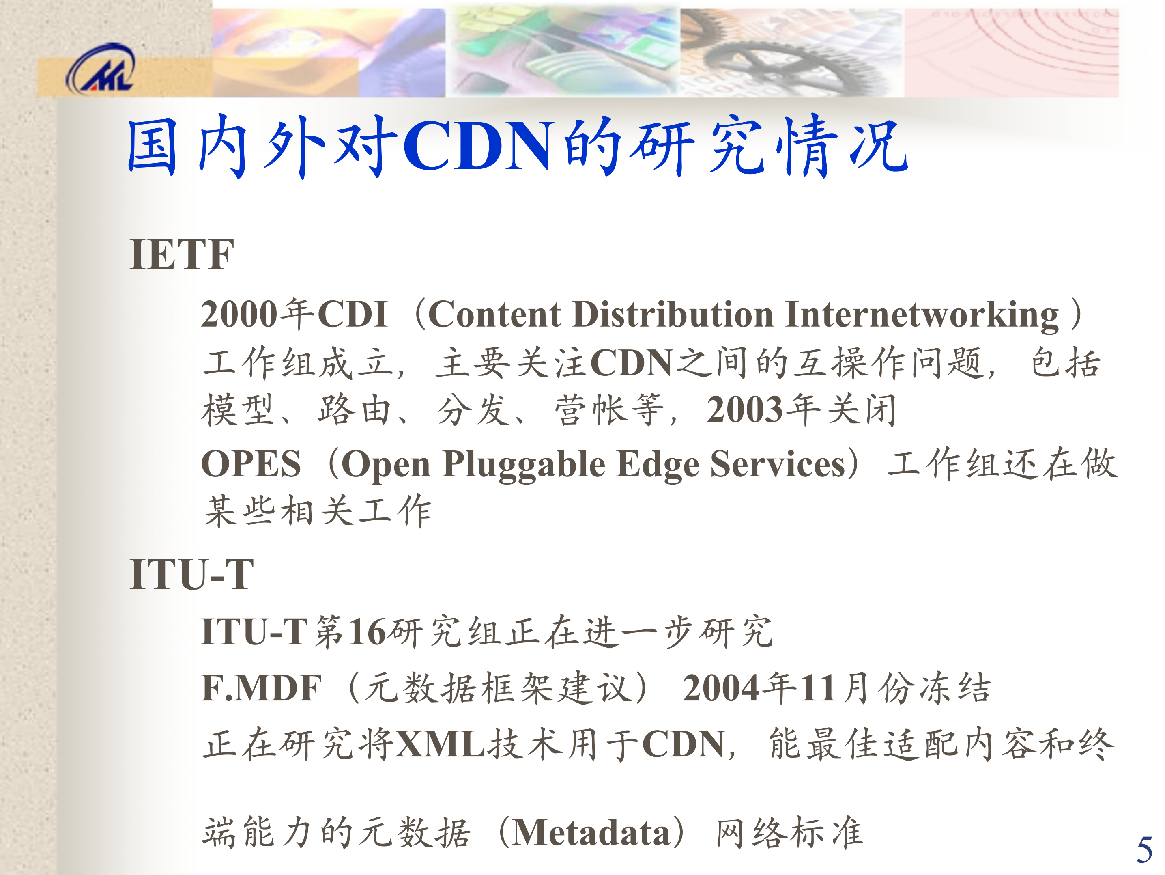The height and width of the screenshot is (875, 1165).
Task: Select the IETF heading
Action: coord(181,255)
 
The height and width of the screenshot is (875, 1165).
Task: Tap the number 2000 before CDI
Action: coord(239,315)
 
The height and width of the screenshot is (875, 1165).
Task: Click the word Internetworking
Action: coord(922,315)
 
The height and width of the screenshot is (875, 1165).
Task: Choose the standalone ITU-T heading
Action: coord(192,575)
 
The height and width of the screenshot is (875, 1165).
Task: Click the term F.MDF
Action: coord(261,689)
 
